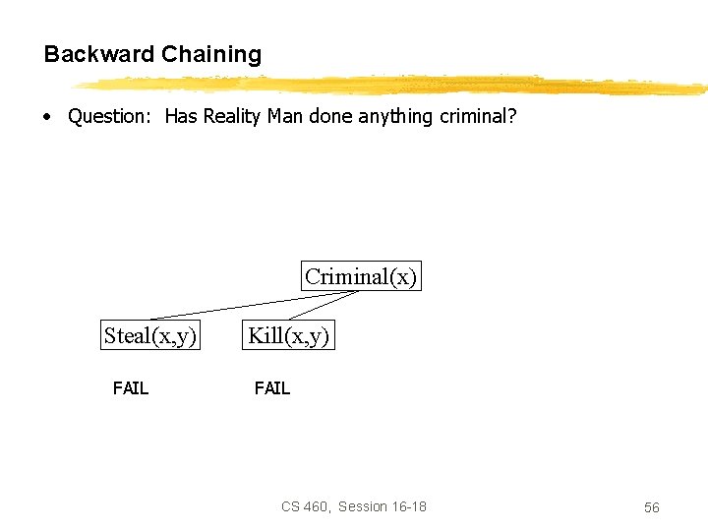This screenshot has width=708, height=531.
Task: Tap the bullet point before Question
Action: [x=46, y=117]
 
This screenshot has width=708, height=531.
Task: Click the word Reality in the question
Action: [x=234, y=116]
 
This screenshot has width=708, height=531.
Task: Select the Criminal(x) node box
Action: [x=361, y=276]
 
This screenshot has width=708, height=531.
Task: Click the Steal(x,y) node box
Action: [x=150, y=335]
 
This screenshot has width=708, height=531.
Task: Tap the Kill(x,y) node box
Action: [x=289, y=335]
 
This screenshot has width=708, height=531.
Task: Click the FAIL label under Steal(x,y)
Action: [x=130, y=388]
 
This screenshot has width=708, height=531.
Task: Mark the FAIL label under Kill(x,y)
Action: [x=272, y=388]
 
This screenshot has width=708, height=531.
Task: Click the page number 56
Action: [x=651, y=507]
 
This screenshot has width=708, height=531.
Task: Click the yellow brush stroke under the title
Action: [x=393, y=85]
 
